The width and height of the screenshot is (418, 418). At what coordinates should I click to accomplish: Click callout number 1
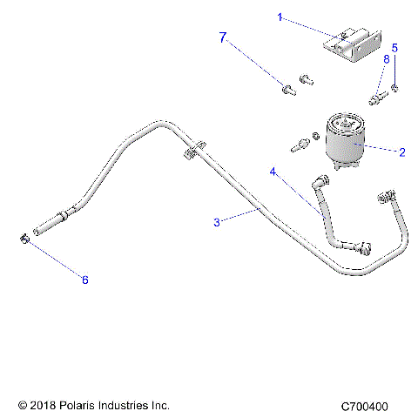pos(256,17)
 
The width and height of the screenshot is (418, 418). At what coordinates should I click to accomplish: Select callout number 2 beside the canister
pos(401,152)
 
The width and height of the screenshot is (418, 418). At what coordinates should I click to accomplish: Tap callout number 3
pos(217,222)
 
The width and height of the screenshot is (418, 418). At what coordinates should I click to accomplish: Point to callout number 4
pos(273,172)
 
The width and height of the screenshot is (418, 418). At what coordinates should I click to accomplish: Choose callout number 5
pos(394,48)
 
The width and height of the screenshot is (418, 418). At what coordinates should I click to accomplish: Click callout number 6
pos(84,280)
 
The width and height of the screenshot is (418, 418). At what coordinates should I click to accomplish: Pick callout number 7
pos(223,37)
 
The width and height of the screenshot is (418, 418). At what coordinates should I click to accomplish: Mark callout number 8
pos(386,58)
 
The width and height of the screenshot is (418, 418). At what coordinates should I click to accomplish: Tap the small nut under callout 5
pos(395,89)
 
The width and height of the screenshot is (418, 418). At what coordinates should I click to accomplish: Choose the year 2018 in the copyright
pos(43,406)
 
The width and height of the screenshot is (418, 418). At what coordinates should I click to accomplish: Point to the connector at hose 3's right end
pos(384,198)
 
